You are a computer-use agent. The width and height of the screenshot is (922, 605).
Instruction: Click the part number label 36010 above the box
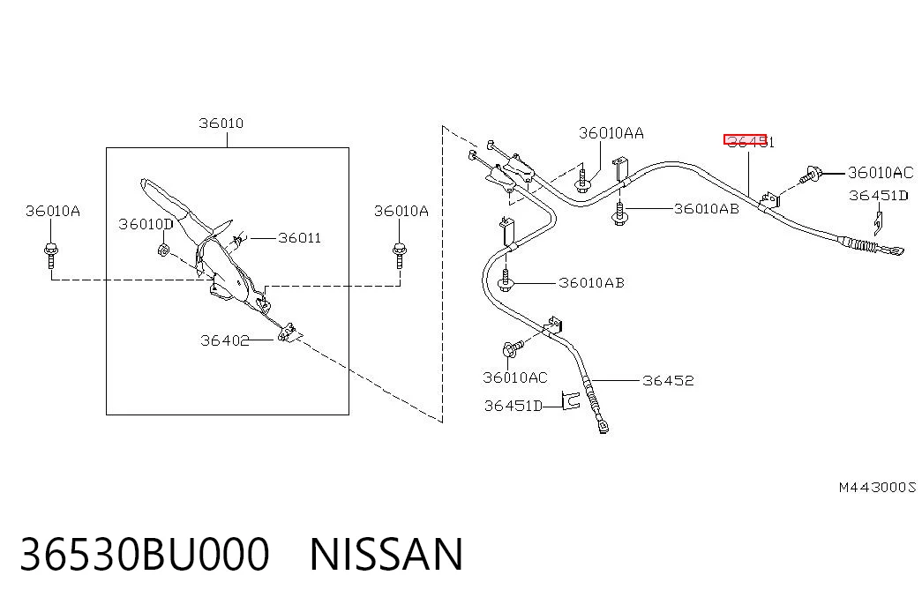221,123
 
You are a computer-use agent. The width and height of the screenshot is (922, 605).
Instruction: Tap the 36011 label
299,237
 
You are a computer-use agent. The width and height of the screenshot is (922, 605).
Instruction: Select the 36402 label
225,340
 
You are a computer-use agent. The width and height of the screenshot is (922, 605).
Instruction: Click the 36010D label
146,224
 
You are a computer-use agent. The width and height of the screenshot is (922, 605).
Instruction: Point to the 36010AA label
611,133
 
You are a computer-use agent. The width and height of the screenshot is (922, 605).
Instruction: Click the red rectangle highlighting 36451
745,139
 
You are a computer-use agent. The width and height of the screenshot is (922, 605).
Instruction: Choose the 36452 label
668,381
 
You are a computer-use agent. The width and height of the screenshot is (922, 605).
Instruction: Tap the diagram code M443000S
877,488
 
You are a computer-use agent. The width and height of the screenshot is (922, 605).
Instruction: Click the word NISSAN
386,555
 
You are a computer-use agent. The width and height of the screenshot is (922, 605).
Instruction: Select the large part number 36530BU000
145,555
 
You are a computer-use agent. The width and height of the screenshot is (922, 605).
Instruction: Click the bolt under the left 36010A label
51,255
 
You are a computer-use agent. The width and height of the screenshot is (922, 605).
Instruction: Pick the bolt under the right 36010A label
400,255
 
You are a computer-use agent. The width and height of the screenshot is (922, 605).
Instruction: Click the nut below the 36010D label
163,250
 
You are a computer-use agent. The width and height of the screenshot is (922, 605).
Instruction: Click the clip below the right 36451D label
875,223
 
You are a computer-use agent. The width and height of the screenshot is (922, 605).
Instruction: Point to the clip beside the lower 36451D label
570,400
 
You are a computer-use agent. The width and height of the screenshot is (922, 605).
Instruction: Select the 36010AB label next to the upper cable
706,209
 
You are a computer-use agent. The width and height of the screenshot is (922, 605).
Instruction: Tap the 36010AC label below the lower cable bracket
515,377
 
